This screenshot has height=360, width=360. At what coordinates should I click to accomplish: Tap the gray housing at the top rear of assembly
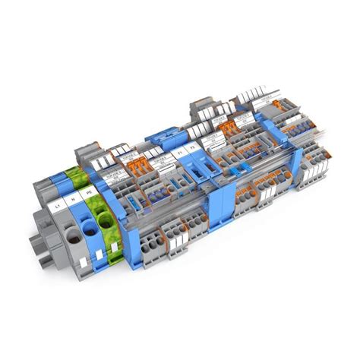205,106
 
